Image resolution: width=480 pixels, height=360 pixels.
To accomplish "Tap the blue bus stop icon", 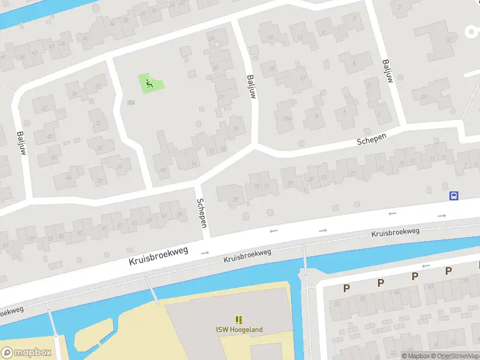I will [454, 196].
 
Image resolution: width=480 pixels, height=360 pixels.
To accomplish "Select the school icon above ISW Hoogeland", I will [239, 320].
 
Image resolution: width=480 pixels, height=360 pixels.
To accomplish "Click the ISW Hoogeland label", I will [239, 329].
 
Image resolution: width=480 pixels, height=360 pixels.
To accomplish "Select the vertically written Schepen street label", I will [203, 213].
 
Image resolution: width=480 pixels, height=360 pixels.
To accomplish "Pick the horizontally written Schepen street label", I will [371, 138].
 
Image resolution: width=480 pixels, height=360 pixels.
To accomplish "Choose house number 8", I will [316, 116].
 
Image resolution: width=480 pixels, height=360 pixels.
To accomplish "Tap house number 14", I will [193, 163].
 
